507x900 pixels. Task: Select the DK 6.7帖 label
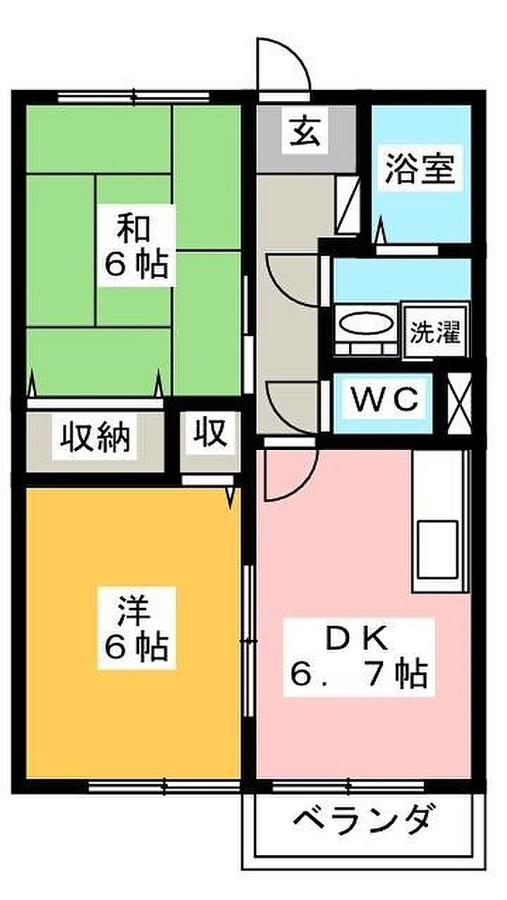pyautogui.click(x=359, y=655)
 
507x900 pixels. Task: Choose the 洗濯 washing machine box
pyautogui.click(x=435, y=332)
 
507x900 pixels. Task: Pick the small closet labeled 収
pyautogui.click(x=209, y=433)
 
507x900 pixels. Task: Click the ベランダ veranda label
pyautogui.click(x=365, y=819)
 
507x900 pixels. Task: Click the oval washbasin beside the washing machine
pyautogui.click(x=366, y=324)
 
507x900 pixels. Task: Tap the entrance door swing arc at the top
pyautogui.click(x=284, y=65)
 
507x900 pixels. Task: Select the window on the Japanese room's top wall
pyautogui.click(x=134, y=96)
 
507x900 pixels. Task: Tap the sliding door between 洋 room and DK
pyautogui.click(x=248, y=640)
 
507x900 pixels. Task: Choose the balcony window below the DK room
pyautogui.click(x=349, y=786)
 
